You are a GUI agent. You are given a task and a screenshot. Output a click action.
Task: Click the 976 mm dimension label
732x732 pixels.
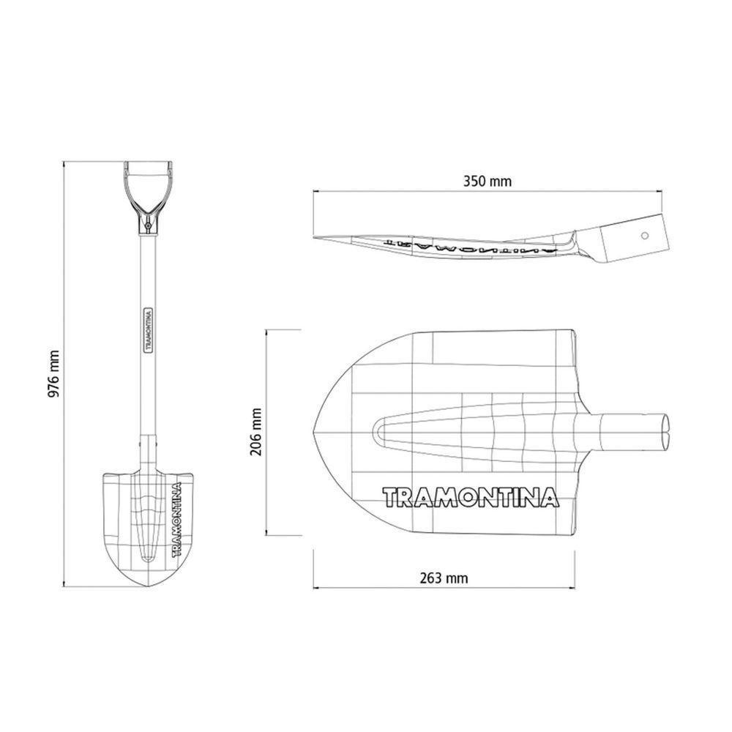(53, 374)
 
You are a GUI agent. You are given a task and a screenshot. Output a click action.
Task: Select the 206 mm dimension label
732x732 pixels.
(255, 432)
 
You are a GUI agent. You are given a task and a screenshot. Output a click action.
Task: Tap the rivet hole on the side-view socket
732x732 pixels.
(645, 236)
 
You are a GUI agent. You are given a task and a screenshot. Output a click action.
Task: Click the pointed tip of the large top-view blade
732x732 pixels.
(316, 431)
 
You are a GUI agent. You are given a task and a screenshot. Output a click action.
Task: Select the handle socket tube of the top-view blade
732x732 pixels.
(634, 430)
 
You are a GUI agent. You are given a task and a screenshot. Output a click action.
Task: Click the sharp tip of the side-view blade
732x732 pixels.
(317, 237)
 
